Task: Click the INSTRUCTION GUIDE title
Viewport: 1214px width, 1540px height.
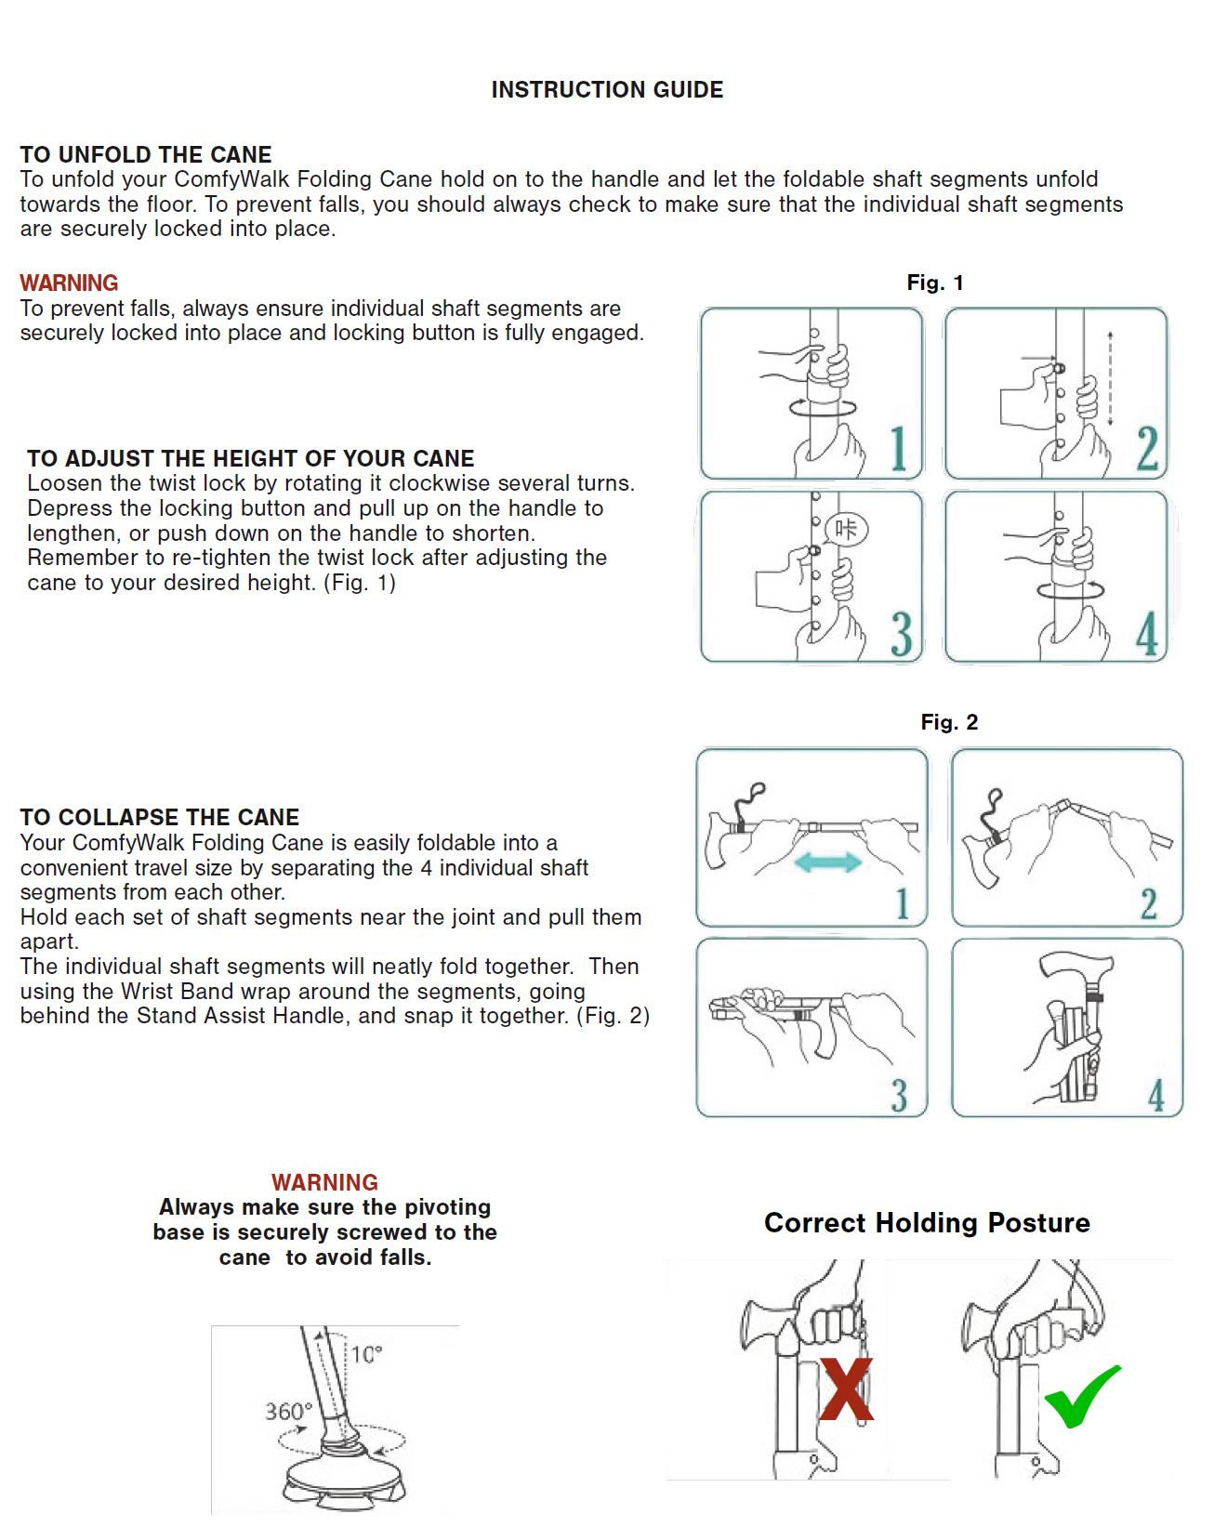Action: pyautogui.click(x=607, y=90)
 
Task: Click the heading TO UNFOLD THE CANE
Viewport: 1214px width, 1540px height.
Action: pyautogui.click(x=146, y=154)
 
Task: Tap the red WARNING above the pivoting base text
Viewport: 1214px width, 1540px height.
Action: pyautogui.click(x=324, y=1182)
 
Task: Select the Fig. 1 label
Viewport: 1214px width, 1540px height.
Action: pyautogui.click(x=935, y=283)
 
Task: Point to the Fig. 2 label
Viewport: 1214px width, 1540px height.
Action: pyautogui.click(x=949, y=722)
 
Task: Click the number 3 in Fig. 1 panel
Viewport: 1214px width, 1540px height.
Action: pyautogui.click(x=901, y=634)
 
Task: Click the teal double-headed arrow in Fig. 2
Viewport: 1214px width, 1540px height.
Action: pyautogui.click(x=828, y=863)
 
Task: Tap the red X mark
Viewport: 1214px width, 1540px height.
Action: pyautogui.click(x=846, y=1389)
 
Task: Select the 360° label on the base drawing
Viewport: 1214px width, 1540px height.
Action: pyautogui.click(x=288, y=1412)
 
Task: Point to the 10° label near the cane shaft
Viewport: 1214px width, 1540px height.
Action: pyautogui.click(x=366, y=1354)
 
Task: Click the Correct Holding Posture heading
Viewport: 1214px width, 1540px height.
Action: pyautogui.click(x=927, y=1222)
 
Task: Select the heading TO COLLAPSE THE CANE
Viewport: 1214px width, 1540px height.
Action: pyautogui.click(x=160, y=817)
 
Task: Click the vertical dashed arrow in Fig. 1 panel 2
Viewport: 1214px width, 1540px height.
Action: pyautogui.click(x=1111, y=379)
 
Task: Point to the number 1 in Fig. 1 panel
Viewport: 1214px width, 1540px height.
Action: pyautogui.click(x=897, y=450)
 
